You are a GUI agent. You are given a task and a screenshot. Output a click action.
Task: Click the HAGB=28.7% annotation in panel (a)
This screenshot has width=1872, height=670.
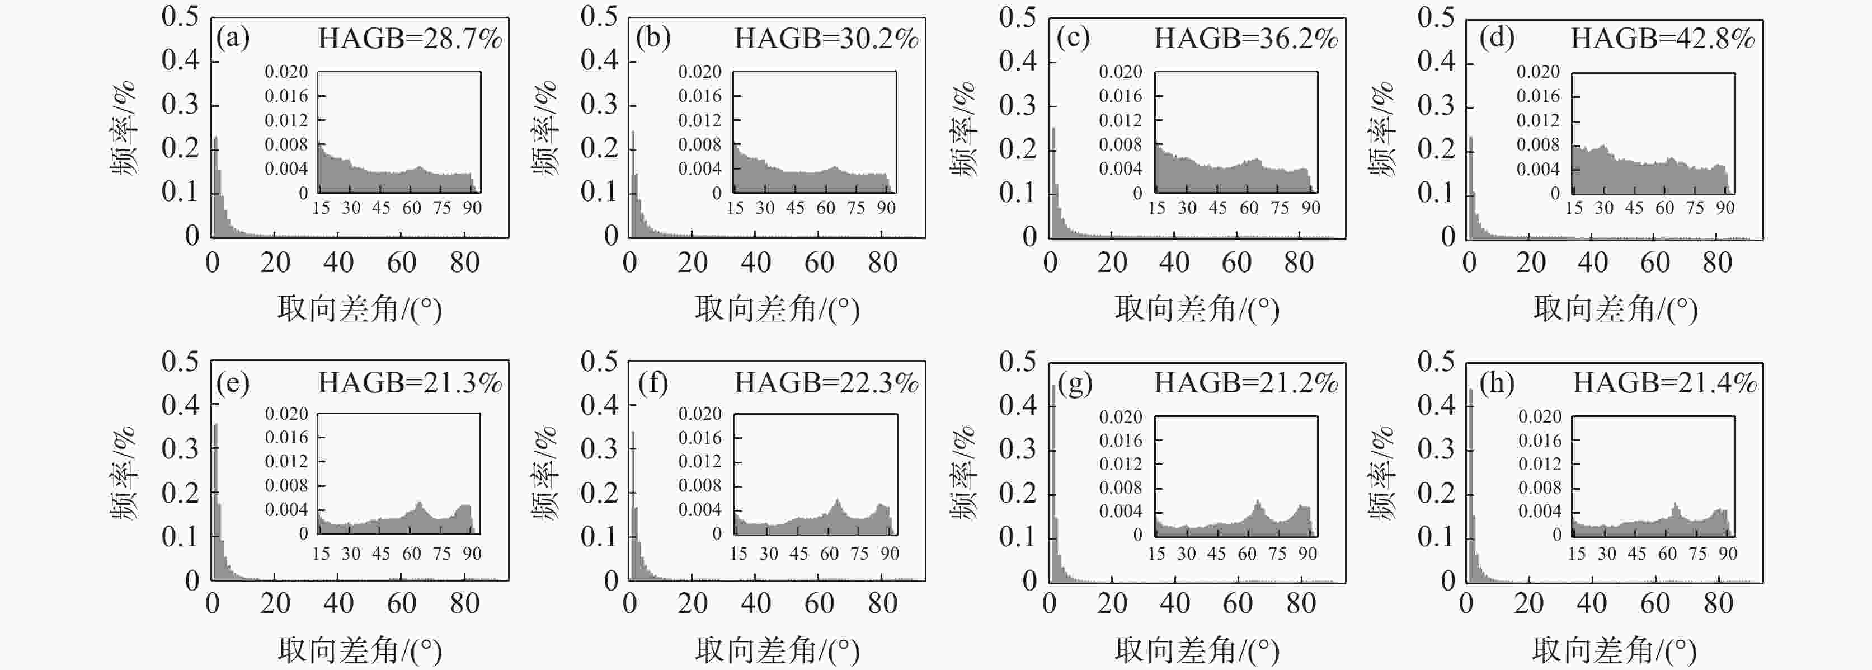410,38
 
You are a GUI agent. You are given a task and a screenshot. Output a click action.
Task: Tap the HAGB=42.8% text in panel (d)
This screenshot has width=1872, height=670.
1663,38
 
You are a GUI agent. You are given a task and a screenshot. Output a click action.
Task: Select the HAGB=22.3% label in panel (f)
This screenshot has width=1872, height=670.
826,382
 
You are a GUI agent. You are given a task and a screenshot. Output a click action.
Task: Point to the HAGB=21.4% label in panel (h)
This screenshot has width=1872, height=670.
1664,382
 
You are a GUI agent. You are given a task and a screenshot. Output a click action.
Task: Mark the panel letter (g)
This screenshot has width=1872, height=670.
1075,382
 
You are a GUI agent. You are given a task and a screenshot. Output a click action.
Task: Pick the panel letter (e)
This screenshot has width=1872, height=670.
233,382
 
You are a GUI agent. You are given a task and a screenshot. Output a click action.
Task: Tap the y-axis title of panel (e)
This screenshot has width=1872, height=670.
123,474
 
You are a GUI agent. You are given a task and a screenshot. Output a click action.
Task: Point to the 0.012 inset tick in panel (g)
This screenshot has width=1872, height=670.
1121,463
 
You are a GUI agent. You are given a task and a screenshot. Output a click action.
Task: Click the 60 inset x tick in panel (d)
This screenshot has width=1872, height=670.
1664,208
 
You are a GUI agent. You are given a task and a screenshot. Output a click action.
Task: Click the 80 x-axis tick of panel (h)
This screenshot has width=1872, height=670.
1718,603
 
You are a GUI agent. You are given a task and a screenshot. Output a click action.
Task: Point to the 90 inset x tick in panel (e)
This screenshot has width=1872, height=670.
472,554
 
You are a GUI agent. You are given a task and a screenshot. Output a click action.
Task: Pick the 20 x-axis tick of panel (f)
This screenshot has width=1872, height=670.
693,603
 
